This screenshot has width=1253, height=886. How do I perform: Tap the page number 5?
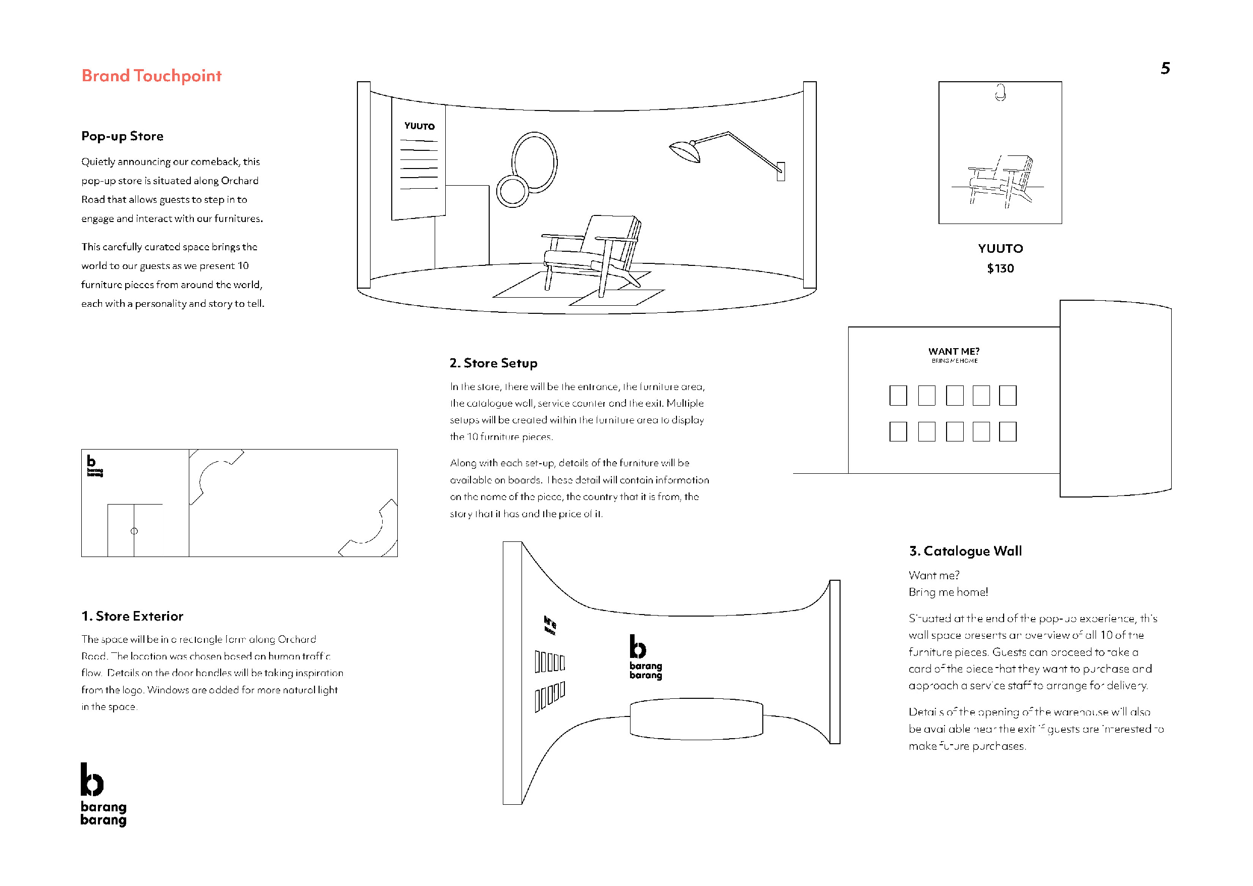pos(1165,68)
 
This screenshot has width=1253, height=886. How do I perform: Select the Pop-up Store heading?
pos(122,136)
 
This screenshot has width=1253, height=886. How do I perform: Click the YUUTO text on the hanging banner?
pos(419,126)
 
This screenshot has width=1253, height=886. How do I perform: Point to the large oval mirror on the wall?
pos(534,161)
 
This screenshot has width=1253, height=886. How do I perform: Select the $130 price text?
pos(1000,268)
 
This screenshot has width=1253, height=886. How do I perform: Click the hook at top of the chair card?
pos(1000,93)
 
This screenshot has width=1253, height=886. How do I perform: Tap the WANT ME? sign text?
pos(954,351)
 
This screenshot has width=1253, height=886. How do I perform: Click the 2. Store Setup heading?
pos(493,363)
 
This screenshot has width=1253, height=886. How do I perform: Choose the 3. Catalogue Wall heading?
pos(965,551)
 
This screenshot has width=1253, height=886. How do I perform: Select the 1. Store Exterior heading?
pos(132,617)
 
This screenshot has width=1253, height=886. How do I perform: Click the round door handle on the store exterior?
pos(134,531)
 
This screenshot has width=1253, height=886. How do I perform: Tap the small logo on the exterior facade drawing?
pos(94,466)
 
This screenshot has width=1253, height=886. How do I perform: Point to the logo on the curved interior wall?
pos(645,657)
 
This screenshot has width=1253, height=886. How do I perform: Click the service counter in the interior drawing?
pos(696,719)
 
